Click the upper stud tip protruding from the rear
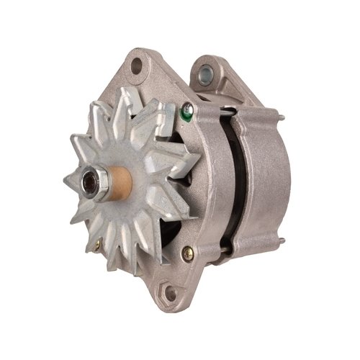[281, 117]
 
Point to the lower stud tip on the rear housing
[279, 243]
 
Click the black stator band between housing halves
[229, 180]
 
